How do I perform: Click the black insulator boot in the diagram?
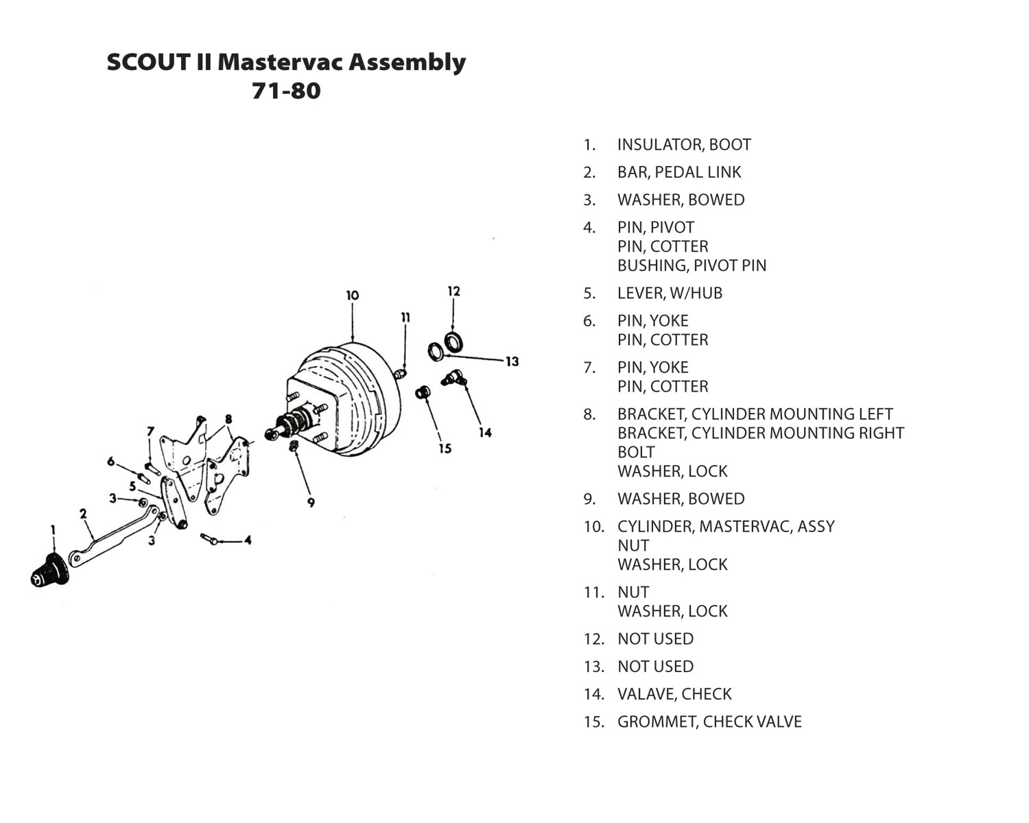[x=49, y=571]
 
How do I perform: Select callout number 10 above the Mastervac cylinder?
[x=353, y=296]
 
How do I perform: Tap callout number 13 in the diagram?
[x=512, y=361]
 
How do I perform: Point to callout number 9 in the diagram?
[x=311, y=503]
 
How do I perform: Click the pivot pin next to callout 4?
[x=209, y=538]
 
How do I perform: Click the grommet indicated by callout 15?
[x=423, y=393]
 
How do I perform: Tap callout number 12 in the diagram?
[x=453, y=291]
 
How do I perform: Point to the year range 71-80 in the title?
[x=286, y=91]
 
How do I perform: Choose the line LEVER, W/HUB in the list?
[x=670, y=293]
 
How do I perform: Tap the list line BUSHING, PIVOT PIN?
[x=691, y=265]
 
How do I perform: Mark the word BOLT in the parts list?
[x=636, y=452]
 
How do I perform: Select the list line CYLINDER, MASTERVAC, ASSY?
[x=726, y=527]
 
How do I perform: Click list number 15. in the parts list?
[x=594, y=721]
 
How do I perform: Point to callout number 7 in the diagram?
[x=151, y=432]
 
